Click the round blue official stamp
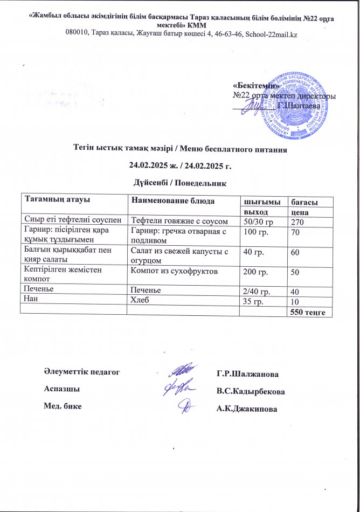tap(292, 106)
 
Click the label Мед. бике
tap(63, 406)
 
